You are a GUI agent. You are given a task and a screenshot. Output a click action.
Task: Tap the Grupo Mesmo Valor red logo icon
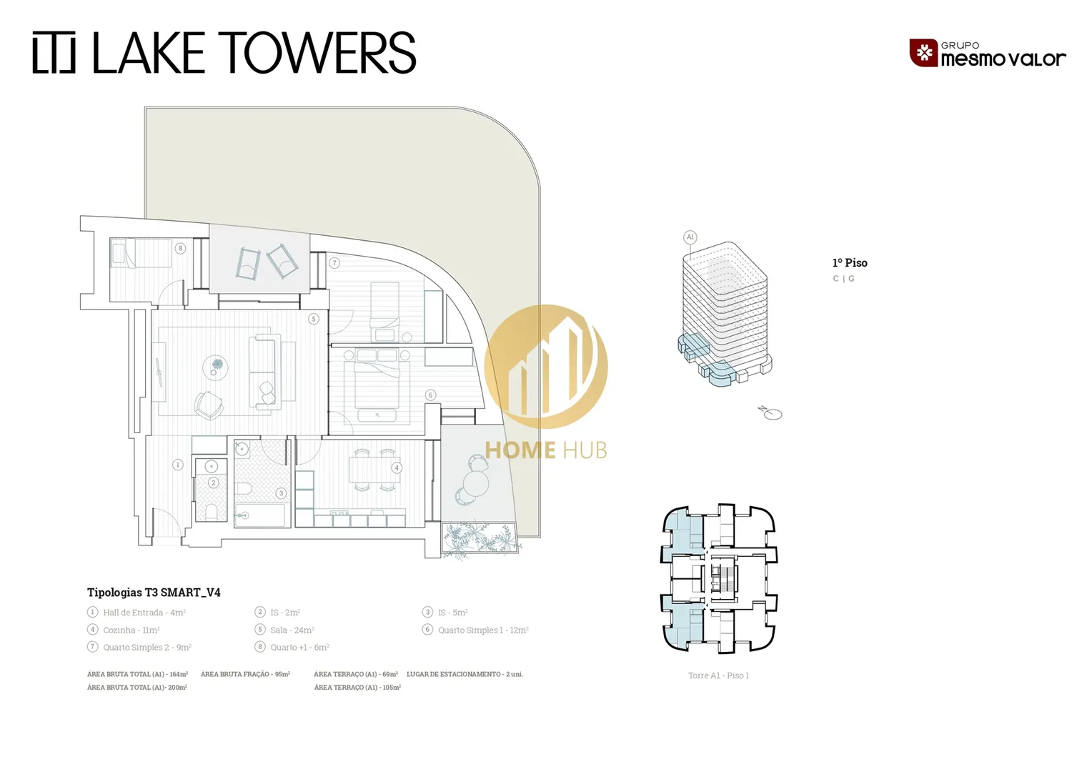click(x=923, y=53)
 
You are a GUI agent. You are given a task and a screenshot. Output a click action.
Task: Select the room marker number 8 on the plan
click(x=180, y=248)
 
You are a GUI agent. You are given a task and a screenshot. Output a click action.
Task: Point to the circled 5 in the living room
click(x=314, y=319)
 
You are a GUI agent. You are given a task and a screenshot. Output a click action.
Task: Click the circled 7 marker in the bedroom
click(x=334, y=263)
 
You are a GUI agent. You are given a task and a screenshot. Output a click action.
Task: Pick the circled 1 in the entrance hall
click(x=178, y=465)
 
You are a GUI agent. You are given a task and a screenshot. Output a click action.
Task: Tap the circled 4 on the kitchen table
click(x=397, y=467)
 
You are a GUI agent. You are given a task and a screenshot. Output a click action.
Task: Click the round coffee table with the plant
click(x=215, y=367)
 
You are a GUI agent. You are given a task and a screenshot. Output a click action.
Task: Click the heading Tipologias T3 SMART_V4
click(x=154, y=592)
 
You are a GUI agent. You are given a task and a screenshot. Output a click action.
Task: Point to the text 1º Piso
click(x=850, y=263)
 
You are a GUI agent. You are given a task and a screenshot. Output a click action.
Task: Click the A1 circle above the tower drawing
click(x=690, y=237)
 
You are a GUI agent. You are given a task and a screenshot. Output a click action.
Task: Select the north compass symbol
click(x=770, y=412)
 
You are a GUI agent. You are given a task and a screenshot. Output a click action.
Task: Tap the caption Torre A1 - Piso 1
click(x=718, y=675)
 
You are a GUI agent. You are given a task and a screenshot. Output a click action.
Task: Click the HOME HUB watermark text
click(x=546, y=450)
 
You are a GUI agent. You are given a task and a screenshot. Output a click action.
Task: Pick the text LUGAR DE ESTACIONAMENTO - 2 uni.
click(x=465, y=674)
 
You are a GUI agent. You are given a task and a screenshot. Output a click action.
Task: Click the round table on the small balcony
click(x=476, y=484)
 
